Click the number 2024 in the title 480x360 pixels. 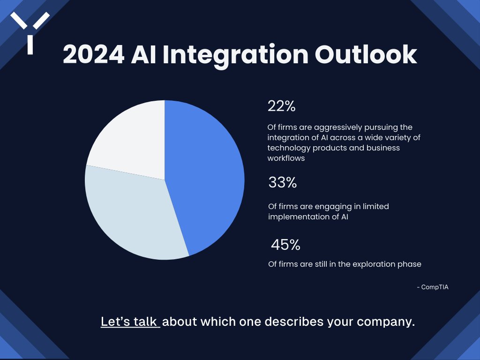click(x=93, y=55)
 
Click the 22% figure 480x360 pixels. click(x=281, y=106)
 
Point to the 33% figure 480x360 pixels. click(x=283, y=183)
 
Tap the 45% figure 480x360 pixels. click(x=285, y=245)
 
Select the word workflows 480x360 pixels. click(x=286, y=158)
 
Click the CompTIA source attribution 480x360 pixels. click(x=433, y=287)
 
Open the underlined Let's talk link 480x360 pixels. click(x=130, y=322)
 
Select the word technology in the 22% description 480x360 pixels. click(x=289, y=148)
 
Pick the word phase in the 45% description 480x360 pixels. click(x=410, y=264)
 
